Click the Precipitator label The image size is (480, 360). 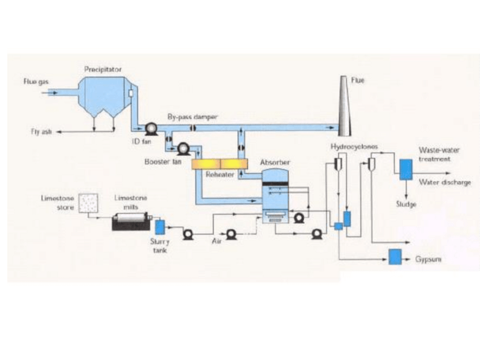pyautogui.click(x=103, y=69)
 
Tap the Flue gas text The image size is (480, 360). pyautogui.click(x=36, y=82)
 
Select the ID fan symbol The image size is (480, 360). pyautogui.click(x=152, y=129)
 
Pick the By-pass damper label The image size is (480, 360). pyautogui.click(x=192, y=116)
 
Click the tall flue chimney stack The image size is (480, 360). pyautogui.click(x=344, y=108)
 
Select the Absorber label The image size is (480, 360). pyautogui.click(x=275, y=162)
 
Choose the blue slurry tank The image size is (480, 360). pyautogui.click(x=159, y=226)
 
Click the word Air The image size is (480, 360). pyautogui.click(x=216, y=241)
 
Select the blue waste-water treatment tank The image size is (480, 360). pyautogui.click(x=405, y=169)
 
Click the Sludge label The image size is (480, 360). pyautogui.click(x=406, y=204)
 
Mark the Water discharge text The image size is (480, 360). pyautogui.click(x=444, y=182)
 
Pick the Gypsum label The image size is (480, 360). pyautogui.click(x=428, y=259)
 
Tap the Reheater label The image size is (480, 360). pyautogui.click(x=220, y=175)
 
